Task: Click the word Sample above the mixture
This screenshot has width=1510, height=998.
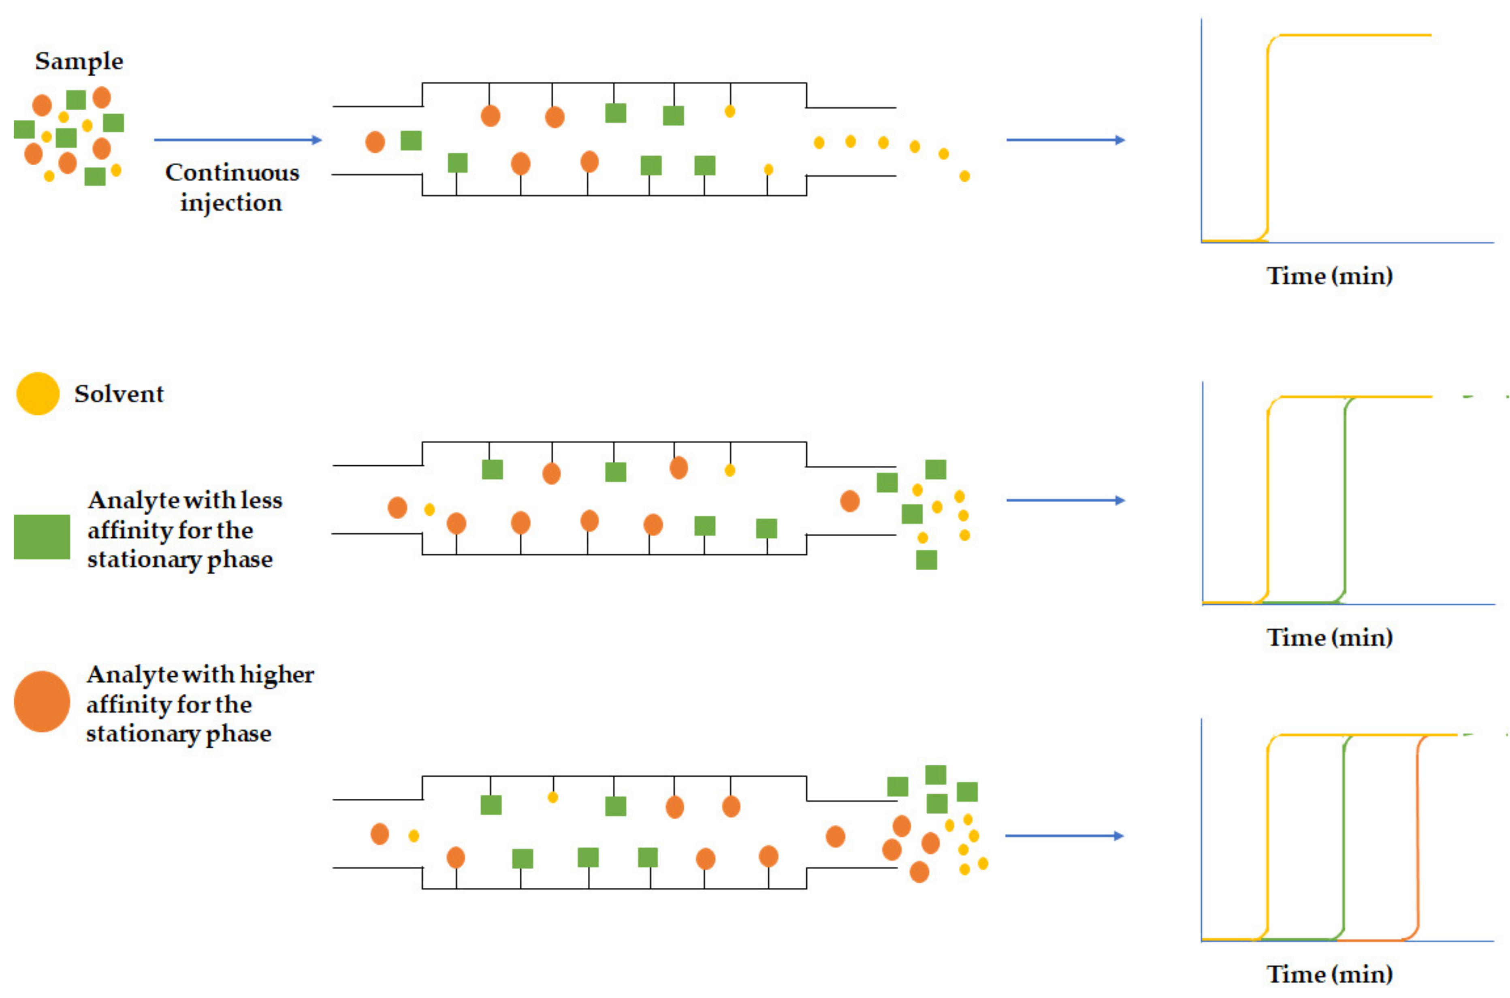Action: [79, 61]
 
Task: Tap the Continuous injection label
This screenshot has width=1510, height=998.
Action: [232, 187]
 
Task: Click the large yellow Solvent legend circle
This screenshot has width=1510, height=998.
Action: [38, 393]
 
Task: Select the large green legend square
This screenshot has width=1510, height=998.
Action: [41, 537]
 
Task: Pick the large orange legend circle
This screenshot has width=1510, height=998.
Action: [41, 702]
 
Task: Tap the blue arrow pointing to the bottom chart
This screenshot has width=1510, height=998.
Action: [1064, 836]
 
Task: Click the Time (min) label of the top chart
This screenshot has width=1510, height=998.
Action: [1329, 275]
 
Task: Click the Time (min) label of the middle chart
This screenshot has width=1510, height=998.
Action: [1329, 637]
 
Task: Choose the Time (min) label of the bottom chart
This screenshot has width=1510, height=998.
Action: [1329, 974]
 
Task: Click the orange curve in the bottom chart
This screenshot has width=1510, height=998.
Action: [1418, 840]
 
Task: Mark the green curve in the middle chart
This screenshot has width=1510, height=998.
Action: [1345, 503]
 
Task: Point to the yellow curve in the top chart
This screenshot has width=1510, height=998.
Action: [1267, 140]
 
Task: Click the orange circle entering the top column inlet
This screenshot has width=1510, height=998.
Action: [375, 141]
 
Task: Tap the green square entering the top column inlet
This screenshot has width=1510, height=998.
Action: [411, 141]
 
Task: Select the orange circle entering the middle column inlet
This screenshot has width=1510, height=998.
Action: [397, 507]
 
